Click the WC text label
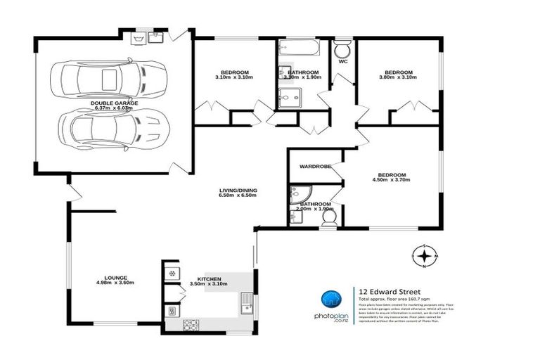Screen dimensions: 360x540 (343, 61)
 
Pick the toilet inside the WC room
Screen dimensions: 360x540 (342, 50)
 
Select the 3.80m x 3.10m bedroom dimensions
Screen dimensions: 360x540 (397, 78)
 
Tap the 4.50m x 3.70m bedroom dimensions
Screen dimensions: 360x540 (392, 181)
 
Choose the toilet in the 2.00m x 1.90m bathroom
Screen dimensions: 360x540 (328, 221)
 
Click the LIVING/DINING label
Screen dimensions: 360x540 (237, 191)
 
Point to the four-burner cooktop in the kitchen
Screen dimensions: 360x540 (190, 324)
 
